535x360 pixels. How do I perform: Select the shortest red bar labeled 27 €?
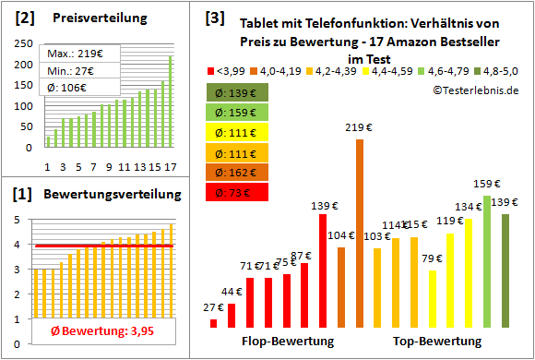(214, 323)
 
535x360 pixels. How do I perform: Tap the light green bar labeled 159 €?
(486, 261)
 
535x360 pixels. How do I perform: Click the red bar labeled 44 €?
(232, 316)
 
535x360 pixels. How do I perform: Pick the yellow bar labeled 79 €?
(432, 298)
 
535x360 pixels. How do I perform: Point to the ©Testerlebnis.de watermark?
(473, 90)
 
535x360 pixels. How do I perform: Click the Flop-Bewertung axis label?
(287, 342)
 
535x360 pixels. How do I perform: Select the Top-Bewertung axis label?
(437, 342)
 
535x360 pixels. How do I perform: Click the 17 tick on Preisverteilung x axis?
(169, 167)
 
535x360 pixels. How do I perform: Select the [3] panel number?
(214, 18)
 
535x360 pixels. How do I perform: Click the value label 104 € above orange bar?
(340, 236)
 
